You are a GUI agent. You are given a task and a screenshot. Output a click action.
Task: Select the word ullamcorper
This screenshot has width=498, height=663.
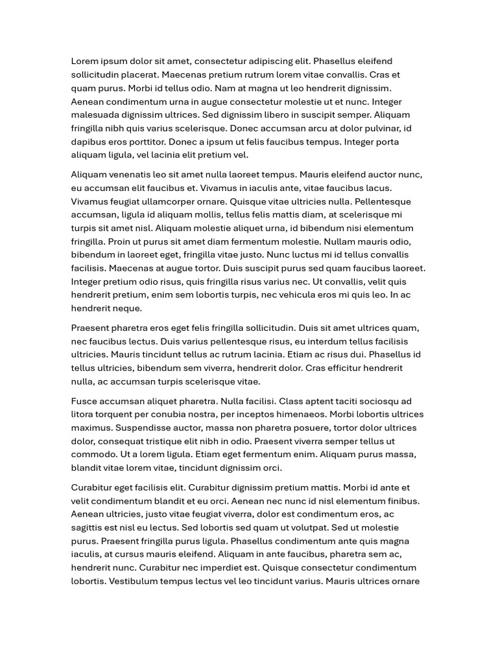pyautogui.click(x=166, y=201)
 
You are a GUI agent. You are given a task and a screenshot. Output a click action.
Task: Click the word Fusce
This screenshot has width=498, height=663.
pyautogui.click(x=83, y=401)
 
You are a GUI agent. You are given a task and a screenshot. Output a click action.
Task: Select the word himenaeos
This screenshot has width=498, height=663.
pyautogui.click(x=300, y=414)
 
